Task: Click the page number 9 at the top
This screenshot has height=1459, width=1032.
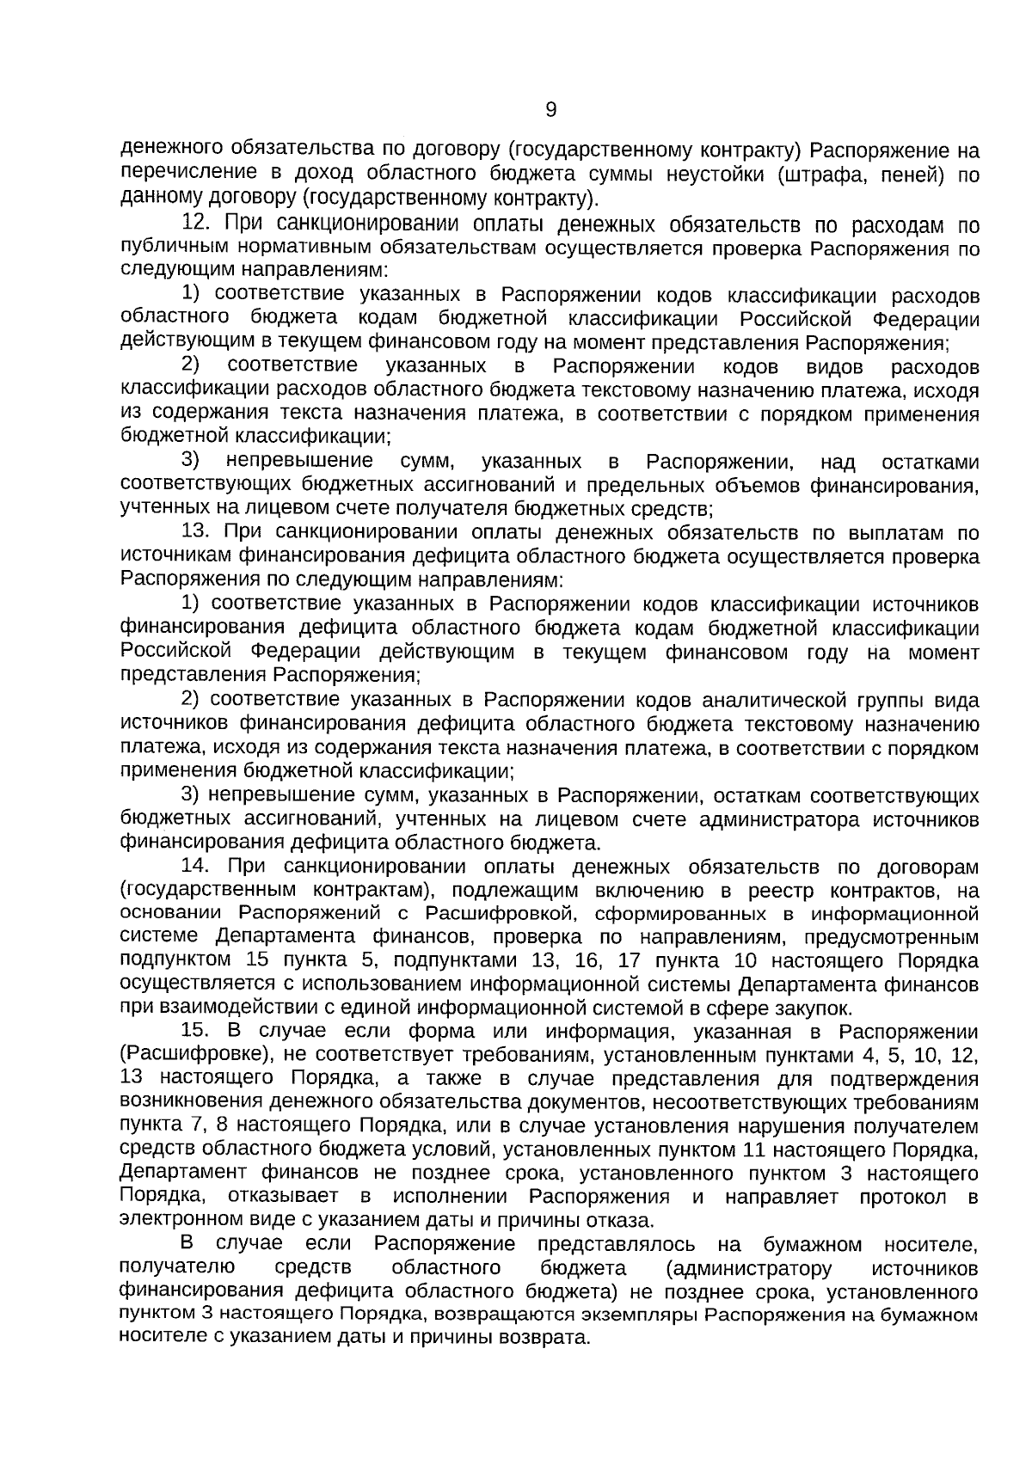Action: (x=551, y=110)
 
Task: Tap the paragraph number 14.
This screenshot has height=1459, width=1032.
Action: (x=197, y=866)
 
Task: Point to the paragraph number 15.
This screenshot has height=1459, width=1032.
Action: (x=197, y=1031)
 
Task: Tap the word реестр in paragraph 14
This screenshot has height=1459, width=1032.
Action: (x=781, y=890)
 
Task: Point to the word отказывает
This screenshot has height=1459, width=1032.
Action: (x=283, y=1197)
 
